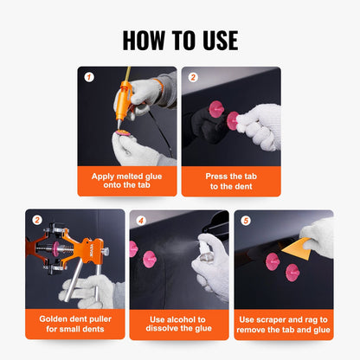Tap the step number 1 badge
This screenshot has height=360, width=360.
(88, 76)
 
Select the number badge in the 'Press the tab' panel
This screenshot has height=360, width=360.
(192, 76)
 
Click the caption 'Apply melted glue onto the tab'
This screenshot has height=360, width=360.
(126, 181)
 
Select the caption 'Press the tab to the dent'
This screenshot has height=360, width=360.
(230, 181)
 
